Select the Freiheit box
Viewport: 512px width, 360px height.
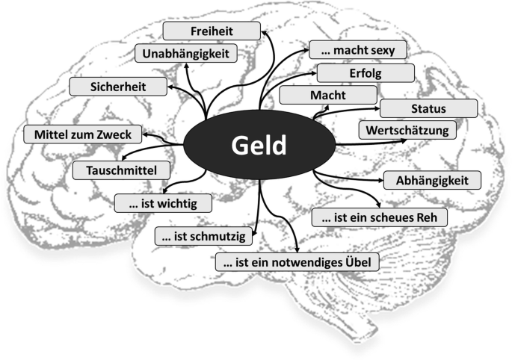click(212, 31)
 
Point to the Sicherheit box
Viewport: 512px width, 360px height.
click(118, 86)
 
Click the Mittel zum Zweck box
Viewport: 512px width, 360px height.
click(83, 134)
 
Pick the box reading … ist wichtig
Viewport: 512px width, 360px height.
click(163, 202)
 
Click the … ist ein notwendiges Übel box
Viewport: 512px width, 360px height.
click(297, 262)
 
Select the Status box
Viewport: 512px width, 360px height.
click(428, 108)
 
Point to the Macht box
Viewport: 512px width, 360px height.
click(328, 95)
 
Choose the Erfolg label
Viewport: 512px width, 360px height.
click(364, 72)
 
